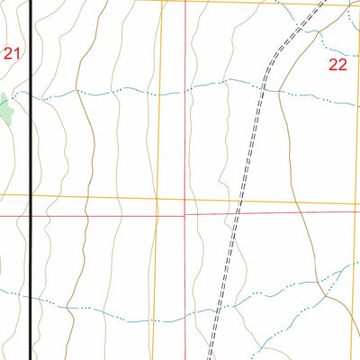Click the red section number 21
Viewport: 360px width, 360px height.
pos(11,54)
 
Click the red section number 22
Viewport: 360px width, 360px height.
pos(337,64)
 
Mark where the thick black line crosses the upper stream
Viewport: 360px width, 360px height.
pos(32,94)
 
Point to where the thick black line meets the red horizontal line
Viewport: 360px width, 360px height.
pos(32,216)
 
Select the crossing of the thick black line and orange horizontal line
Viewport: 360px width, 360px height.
pos(32,194)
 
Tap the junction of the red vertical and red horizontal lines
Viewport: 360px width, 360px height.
pos(185,215)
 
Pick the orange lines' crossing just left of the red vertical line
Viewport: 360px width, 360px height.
pos(157,198)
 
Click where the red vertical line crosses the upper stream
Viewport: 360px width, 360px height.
pos(185,91)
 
